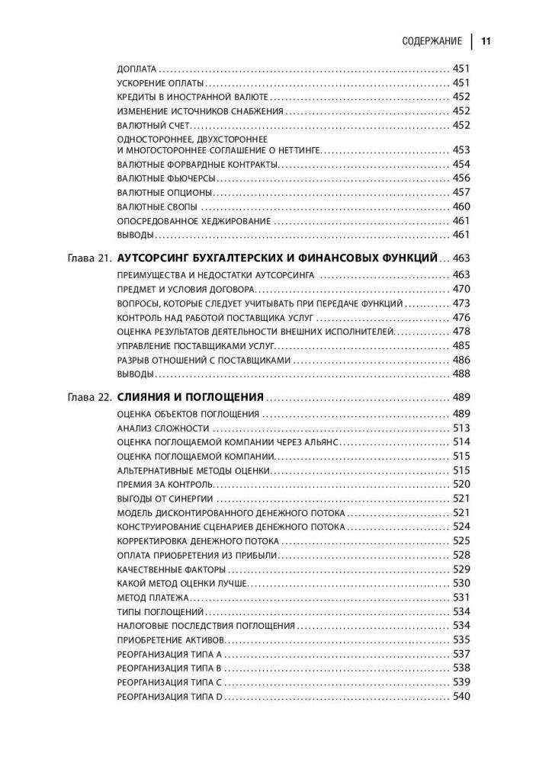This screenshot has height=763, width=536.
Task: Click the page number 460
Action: click(x=461, y=206)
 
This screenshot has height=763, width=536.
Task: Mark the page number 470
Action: click(x=461, y=289)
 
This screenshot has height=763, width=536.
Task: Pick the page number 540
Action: click(x=461, y=696)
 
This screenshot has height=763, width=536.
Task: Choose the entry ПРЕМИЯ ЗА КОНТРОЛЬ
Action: click(x=163, y=484)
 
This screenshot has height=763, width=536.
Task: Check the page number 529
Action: click(x=461, y=569)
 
